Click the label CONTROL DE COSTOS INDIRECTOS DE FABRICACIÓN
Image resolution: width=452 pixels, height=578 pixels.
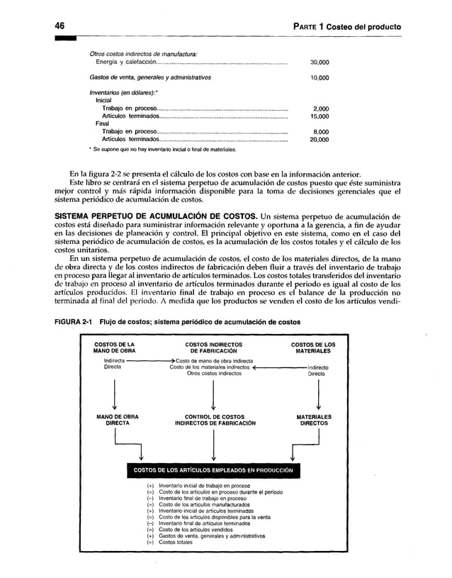pyautogui.click(x=213, y=421)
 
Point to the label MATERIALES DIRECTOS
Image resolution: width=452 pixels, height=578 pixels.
pyautogui.click(x=312, y=421)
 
